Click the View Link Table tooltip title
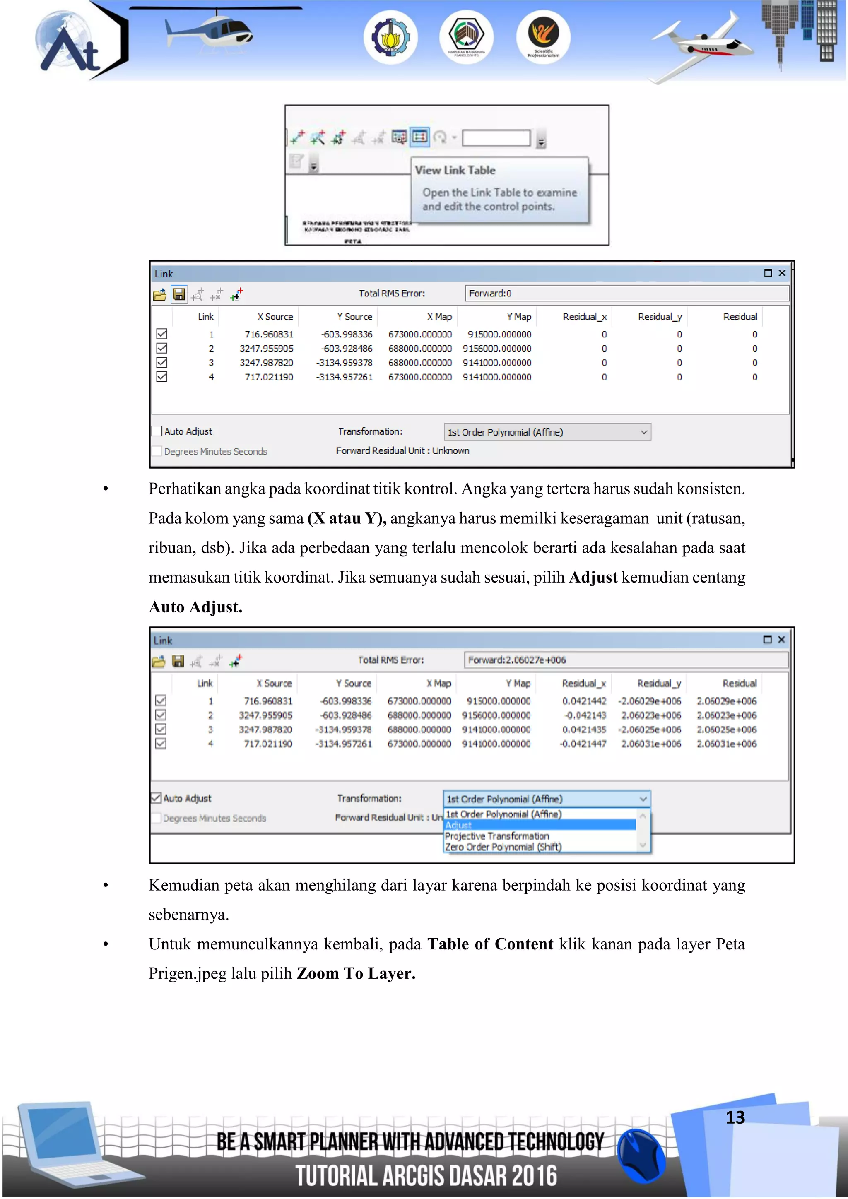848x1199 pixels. pos(455,170)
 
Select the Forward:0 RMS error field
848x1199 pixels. pos(626,294)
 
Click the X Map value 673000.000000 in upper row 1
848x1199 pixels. pos(420,334)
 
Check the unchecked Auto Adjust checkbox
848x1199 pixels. pos(157,431)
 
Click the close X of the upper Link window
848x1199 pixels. pos(782,272)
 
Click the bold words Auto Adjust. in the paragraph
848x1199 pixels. pos(195,607)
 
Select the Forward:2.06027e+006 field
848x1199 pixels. pos(626,660)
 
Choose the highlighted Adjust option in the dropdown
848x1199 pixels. pos(540,825)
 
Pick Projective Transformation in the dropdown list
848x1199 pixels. pos(496,836)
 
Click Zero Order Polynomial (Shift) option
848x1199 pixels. pos(503,847)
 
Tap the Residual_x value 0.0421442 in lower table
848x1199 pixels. pos(584,701)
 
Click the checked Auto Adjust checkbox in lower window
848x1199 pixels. pos(156,798)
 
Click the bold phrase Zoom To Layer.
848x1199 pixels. pos(356,974)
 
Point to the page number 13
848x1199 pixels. pos(735,1117)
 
